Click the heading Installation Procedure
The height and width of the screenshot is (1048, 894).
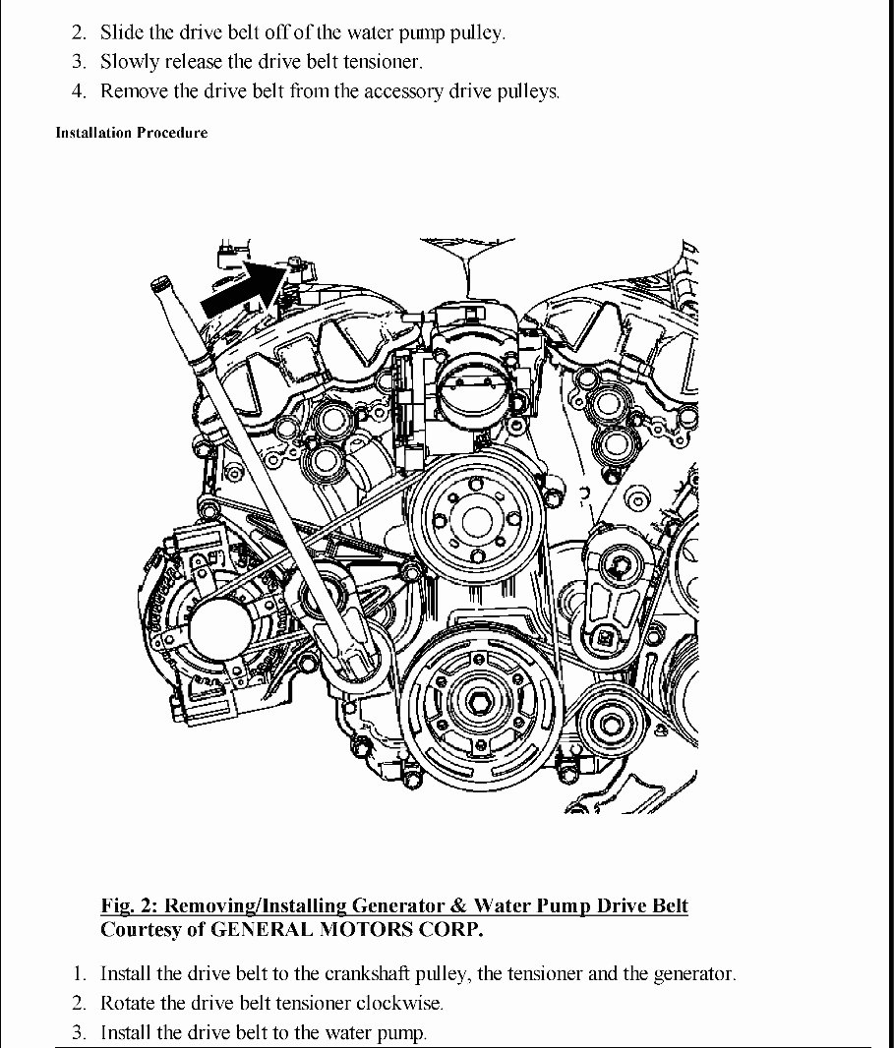pos(132,133)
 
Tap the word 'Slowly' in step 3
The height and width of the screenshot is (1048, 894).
pos(130,62)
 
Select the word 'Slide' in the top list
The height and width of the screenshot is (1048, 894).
pos(121,32)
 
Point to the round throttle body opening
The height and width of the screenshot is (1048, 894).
pos(468,390)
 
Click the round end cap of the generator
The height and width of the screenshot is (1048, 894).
pos(221,632)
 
